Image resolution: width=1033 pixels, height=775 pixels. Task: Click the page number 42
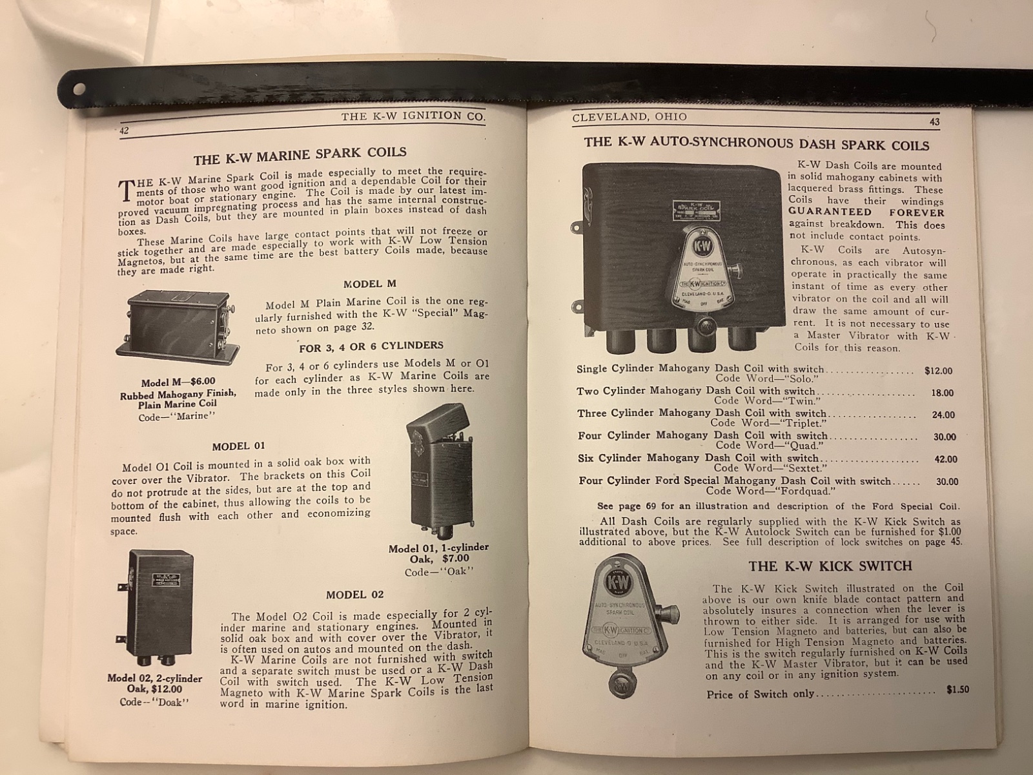(x=124, y=131)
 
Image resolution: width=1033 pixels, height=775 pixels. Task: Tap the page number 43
(x=935, y=122)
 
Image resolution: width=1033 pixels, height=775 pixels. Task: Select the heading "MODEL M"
(x=370, y=284)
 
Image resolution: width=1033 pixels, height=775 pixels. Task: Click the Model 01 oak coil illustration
(x=440, y=472)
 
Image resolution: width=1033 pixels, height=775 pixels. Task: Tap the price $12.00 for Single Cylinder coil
(x=938, y=371)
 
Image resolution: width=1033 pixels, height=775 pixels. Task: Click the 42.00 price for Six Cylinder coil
(x=945, y=459)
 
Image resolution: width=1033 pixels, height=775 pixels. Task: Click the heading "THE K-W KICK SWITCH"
(x=830, y=566)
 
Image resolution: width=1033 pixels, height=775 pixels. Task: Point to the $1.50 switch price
(x=957, y=690)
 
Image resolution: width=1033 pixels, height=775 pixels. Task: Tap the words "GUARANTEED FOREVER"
(x=866, y=212)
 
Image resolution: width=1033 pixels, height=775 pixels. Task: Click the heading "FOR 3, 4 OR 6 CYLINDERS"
(x=371, y=347)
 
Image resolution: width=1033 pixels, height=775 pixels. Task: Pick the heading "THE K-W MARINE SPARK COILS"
(x=300, y=155)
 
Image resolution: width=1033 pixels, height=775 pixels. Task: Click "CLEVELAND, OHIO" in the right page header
(x=629, y=117)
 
